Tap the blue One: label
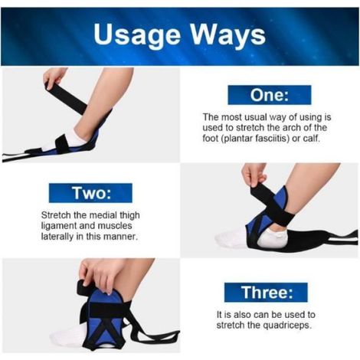tap(270, 95)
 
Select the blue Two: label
tap(90, 193)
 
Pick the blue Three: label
tap(266, 293)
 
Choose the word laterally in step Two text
tap(57, 237)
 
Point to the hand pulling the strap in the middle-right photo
tap(254, 175)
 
